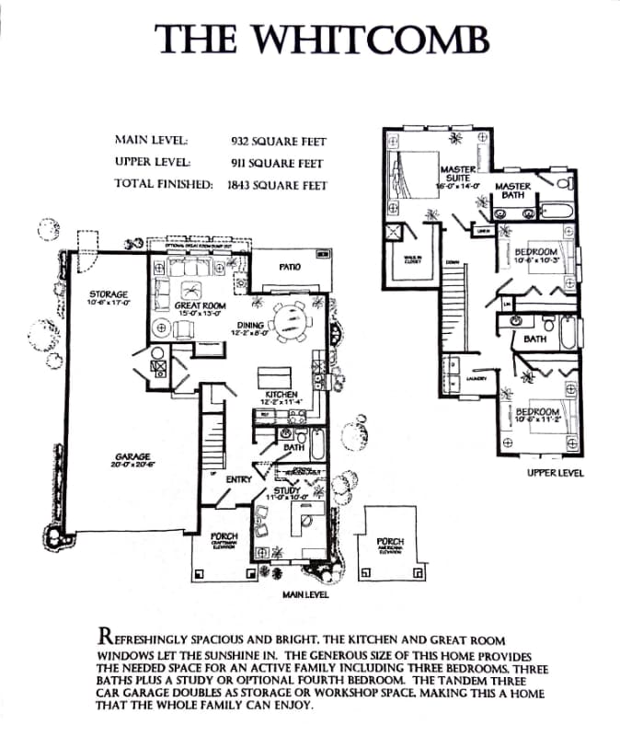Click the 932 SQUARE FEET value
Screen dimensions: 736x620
point(278,142)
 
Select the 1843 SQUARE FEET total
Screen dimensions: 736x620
point(277,184)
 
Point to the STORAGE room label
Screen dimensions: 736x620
point(108,296)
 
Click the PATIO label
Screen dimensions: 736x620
point(290,267)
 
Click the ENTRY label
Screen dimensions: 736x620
point(238,478)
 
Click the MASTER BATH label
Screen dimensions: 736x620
point(513,190)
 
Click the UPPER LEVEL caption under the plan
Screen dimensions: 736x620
point(555,474)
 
